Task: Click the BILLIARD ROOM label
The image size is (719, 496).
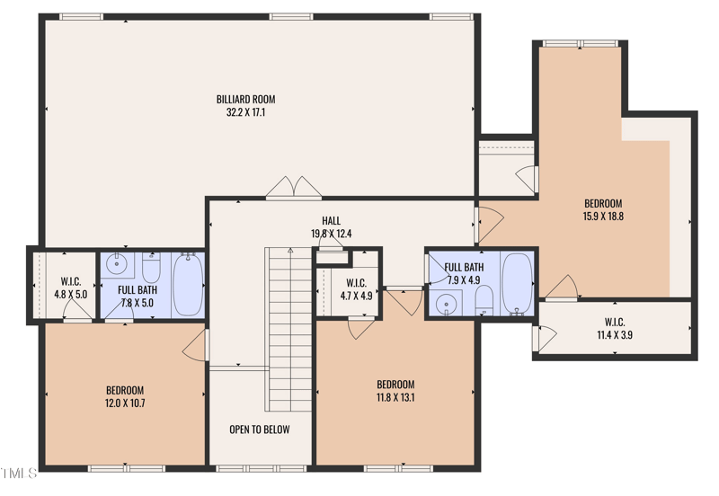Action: (245, 99)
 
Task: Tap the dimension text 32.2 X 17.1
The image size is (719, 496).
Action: (245, 113)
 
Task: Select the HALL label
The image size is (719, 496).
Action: (331, 221)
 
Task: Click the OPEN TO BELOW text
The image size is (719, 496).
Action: (259, 430)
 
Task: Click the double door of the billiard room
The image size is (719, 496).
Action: (292, 187)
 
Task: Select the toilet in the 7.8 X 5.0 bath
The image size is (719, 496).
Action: (151, 267)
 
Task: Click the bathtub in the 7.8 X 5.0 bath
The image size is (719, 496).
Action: (188, 285)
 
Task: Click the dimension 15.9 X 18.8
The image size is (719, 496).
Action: (602, 216)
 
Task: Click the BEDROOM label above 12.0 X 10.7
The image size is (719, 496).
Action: (125, 390)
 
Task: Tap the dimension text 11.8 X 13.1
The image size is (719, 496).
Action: (395, 397)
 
